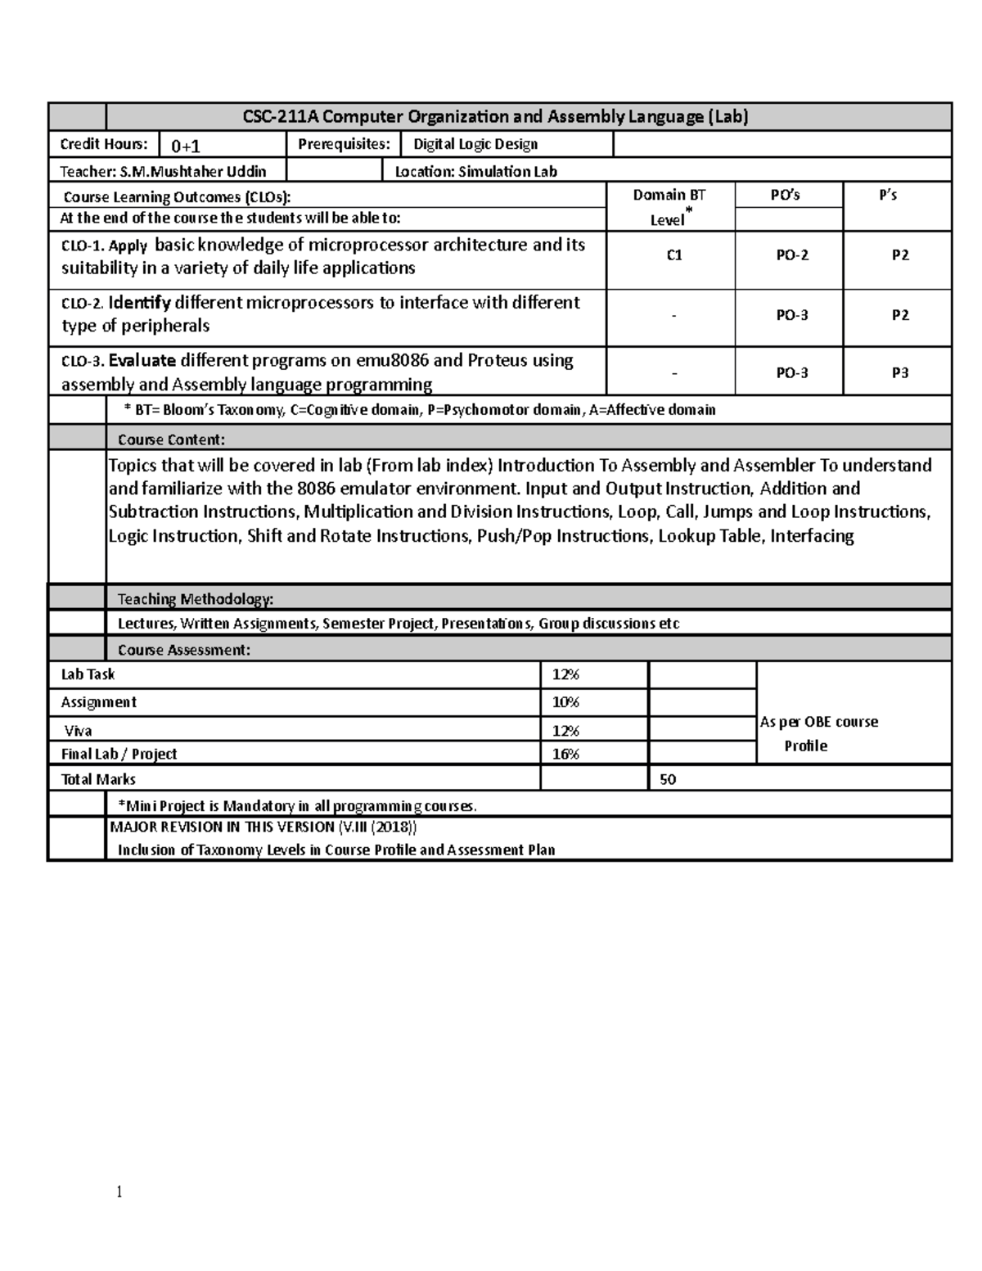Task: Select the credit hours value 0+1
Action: point(186,146)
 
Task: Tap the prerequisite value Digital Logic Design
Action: point(475,144)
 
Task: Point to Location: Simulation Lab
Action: point(475,171)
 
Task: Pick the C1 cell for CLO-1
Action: point(673,255)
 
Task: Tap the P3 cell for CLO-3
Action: point(899,372)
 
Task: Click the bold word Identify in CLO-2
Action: point(139,303)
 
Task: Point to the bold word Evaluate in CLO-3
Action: point(142,361)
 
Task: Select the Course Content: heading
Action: point(171,439)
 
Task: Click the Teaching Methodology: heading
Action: point(196,599)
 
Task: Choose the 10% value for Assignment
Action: point(565,702)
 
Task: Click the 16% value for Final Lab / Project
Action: point(565,754)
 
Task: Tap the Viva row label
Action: point(79,731)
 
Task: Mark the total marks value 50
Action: point(668,779)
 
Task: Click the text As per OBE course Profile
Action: point(818,733)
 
